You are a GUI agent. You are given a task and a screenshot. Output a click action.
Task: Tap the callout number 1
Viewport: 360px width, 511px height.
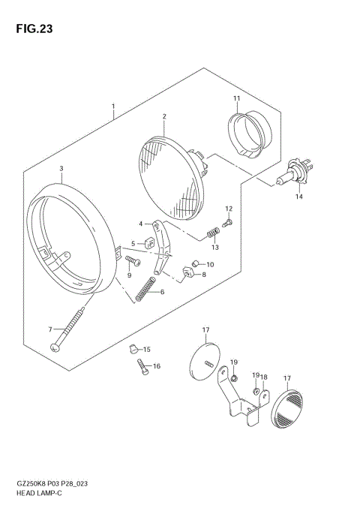[x=113, y=107]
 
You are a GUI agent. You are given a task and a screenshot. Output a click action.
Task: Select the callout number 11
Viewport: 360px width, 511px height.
[x=235, y=99]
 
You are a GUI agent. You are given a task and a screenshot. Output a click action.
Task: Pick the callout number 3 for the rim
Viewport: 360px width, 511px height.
[x=61, y=168]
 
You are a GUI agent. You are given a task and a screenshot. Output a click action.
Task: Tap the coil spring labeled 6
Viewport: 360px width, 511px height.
[x=147, y=289]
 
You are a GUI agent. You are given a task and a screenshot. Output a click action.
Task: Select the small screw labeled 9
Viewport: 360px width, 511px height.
[x=133, y=261]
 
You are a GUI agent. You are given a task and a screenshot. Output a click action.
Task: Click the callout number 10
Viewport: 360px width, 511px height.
[x=209, y=264]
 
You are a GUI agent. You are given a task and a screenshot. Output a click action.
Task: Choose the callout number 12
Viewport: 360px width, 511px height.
[x=229, y=208]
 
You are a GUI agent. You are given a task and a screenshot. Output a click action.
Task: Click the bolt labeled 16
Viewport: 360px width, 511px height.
[x=142, y=367]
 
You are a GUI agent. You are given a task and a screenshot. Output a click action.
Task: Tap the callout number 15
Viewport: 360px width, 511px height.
[x=147, y=349]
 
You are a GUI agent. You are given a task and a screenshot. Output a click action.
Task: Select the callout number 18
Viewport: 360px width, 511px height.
[x=264, y=377]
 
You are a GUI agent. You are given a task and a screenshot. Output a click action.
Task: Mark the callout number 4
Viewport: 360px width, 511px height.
[x=139, y=223]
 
